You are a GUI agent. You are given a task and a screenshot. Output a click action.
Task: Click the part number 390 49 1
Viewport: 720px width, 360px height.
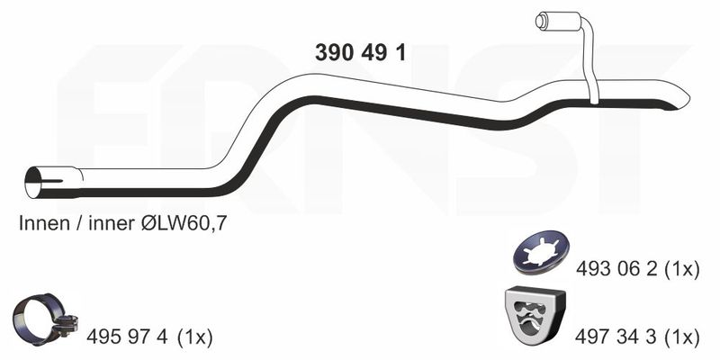tap(361, 53)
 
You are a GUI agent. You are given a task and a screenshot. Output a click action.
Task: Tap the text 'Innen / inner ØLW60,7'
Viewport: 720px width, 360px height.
tap(123, 223)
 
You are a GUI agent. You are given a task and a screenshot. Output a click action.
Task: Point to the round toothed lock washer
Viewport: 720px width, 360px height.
tap(541, 252)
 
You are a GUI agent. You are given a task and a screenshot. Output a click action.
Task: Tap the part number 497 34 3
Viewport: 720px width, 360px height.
tap(616, 337)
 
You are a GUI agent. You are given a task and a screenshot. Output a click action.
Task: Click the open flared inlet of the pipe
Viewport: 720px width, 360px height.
tap(33, 183)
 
